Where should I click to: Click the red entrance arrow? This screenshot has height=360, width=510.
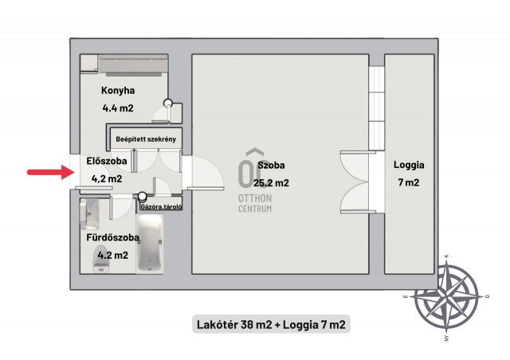(51, 172)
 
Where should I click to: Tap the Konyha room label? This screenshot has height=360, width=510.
(118, 91)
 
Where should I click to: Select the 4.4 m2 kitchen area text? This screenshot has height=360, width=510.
(118, 108)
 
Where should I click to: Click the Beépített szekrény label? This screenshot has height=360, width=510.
(146, 139)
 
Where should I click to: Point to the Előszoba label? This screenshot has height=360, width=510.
(107, 161)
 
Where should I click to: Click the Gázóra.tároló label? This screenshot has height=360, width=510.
(161, 206)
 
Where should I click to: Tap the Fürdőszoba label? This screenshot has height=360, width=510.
(112, 237)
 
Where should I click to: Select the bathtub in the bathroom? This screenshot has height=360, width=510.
(150, 243)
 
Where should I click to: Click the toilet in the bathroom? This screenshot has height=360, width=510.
(101, 260)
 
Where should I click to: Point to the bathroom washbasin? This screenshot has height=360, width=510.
(89, 213)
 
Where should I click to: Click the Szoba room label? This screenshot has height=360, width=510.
(271, 165)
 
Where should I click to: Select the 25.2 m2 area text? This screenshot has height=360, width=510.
(271, 183)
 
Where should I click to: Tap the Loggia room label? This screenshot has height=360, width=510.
(409, 165)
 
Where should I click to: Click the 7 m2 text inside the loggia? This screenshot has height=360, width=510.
(409, 182)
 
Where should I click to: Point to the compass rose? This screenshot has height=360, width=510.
(446, 296)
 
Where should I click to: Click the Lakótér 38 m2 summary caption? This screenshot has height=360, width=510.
(271, 324)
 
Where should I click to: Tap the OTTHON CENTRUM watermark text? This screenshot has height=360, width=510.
(255, 203)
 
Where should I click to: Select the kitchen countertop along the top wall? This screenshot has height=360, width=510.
(133, 64)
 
